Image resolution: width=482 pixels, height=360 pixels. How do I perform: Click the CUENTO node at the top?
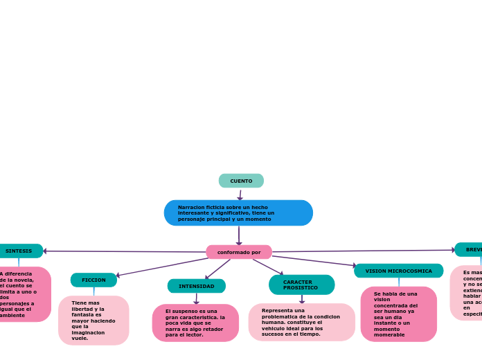[x=241, y=181]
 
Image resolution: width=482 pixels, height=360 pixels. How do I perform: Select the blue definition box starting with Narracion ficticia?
[x=238, y=213]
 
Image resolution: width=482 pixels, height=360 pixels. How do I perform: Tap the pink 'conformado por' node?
[x=239, y=252]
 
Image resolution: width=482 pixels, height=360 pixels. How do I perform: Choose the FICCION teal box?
[x=93, y=280]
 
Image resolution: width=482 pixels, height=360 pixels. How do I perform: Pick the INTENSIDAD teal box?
[x=197, y=286]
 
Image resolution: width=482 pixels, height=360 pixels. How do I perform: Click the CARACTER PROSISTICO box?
[x=301, y=285]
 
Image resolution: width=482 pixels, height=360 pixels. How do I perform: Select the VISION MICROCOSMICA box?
[x=398, y=271]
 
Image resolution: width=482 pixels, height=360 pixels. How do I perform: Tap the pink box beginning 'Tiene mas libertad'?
[x=93, y=321]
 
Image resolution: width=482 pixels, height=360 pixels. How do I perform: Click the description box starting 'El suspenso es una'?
[x=195, y=323]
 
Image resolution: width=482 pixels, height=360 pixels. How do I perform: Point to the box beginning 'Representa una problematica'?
[x=301, y=322]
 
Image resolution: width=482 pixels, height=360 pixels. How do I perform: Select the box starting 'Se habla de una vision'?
[x=398, y=314]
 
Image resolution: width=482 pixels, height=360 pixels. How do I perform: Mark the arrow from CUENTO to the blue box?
[x=240, y=195]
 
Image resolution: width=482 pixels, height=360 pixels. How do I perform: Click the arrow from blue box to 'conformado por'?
[x=239, y=235]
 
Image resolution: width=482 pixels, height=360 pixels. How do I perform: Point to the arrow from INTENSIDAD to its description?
[x=197, y=298]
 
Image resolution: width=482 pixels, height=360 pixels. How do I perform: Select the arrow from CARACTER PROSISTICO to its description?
[x=302, y=299]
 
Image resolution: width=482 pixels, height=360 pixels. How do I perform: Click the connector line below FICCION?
[x=93, y=291]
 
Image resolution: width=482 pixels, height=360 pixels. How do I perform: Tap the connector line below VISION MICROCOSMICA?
[x=399, y=282]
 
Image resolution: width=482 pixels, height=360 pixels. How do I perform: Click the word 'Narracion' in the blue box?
[x=190, y=207]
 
